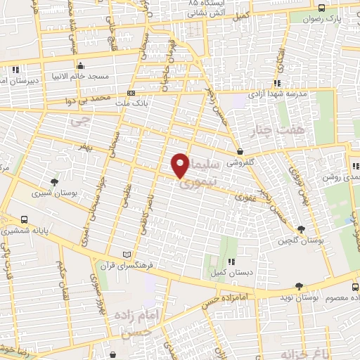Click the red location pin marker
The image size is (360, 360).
[181, 166]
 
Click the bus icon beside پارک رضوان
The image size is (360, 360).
[321, 8]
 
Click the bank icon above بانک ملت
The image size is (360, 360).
[131, 93]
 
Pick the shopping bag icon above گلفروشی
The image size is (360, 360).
[240, 150]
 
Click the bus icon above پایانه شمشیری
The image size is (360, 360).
[25, 219]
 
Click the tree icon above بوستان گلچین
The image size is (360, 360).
[302, 229]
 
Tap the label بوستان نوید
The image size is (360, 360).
[303, 298]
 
